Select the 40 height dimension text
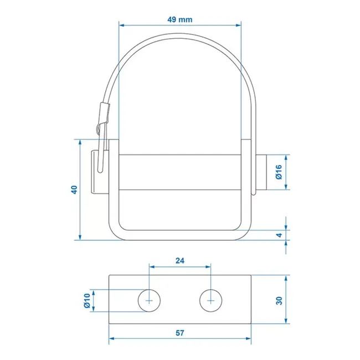coord(74,189)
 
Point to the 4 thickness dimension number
coord(280,235)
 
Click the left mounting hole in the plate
coord(148,300)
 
